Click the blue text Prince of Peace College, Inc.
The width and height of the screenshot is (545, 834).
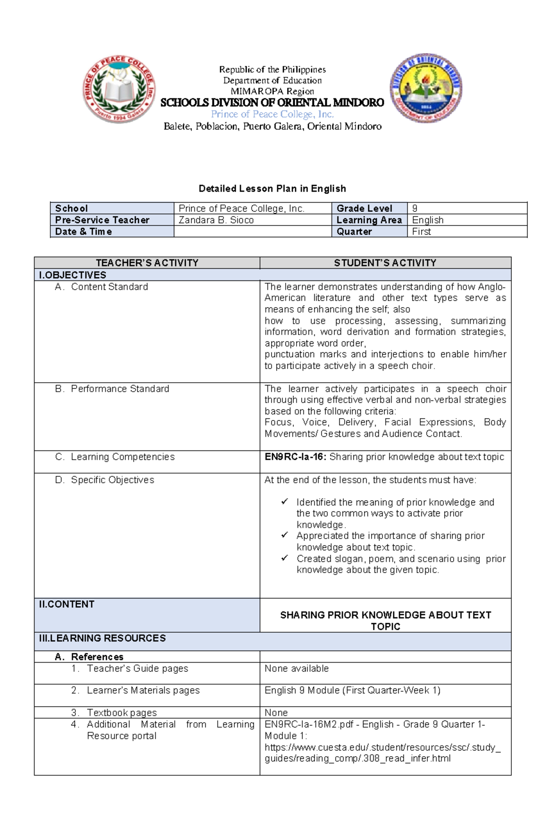click(x=272, y=114)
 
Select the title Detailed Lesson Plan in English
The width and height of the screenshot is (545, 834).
click(x=272, y=189)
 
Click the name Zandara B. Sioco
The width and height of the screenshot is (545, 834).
click(x=216, y=220)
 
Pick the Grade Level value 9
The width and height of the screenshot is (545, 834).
click(x=415, y=209)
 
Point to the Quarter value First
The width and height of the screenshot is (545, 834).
click(x=421, y=231)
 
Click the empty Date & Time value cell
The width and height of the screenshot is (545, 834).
click(x=252, y=231)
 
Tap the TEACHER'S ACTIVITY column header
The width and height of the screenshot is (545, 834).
click(x=147, y=263)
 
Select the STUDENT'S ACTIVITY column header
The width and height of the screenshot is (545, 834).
click(x=385, y=263)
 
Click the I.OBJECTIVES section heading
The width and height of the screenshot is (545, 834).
click(x=73, y=275)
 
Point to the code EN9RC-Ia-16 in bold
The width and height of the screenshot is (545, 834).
click(x=295, y=457)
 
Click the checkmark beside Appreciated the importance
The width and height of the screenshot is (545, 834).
click(x=285, y=535)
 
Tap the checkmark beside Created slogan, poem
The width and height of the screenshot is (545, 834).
click(x=285, y=558)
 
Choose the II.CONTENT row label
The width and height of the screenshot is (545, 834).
click(x=67, y=604)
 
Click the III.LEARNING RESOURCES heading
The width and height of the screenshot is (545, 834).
click(x=103, y=638)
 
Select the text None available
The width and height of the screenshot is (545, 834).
click(x=297, y=669)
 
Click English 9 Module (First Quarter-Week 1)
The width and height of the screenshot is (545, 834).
click(x=352, y=690)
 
